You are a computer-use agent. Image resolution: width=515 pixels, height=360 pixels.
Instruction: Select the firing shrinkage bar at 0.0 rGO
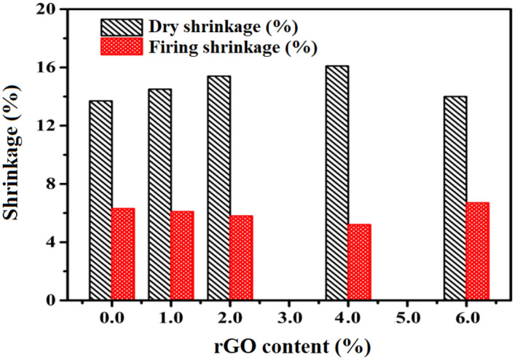[123, 254]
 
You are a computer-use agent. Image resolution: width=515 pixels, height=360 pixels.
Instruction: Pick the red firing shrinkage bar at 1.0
[182, 256]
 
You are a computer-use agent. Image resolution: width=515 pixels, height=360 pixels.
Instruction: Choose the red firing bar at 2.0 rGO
[241, 258]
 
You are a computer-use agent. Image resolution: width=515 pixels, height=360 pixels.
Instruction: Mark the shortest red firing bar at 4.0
[359, 262]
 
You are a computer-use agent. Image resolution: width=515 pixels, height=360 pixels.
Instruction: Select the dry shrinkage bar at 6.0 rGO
[455, 198]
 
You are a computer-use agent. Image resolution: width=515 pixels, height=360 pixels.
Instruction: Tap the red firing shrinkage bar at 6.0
[477, 251]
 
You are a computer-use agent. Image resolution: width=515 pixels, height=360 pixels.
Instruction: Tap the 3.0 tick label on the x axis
[288, 316]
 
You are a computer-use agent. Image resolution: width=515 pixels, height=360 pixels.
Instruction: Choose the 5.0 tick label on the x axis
[406, 316]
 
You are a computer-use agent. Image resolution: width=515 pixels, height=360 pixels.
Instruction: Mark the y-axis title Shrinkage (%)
[15, 154]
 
